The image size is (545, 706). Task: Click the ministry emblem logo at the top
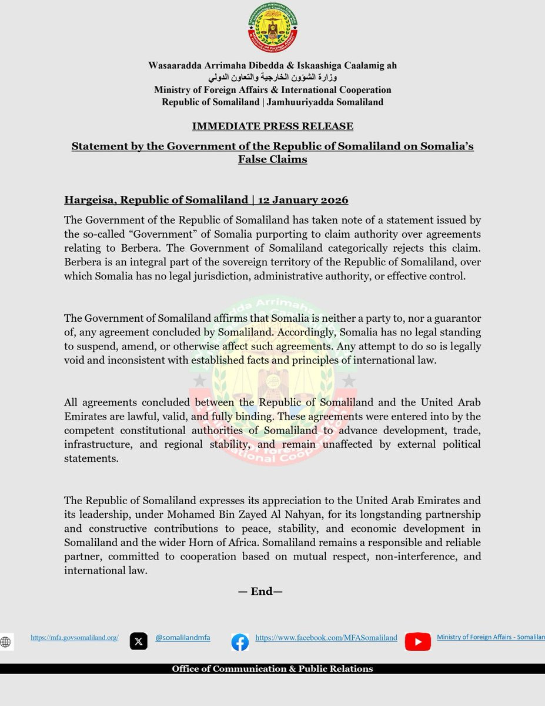point(272,28)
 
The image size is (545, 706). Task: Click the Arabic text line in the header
point(273,78)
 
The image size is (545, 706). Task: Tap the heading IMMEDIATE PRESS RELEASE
point(273,126)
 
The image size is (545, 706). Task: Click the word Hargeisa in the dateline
point(89,200)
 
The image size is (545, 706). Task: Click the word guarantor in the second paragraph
point(455,318)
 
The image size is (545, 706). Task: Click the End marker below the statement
point(260,592)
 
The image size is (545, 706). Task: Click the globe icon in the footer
point(6,642)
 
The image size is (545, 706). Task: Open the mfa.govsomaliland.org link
point(75,638)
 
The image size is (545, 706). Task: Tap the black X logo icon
point(139,641)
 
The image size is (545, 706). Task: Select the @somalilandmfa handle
point(183,638)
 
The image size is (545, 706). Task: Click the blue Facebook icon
point(240,642)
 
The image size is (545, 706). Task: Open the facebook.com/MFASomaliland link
point(326,638)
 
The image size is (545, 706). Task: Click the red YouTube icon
point(418,642)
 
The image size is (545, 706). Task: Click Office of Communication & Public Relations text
point(272,669)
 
